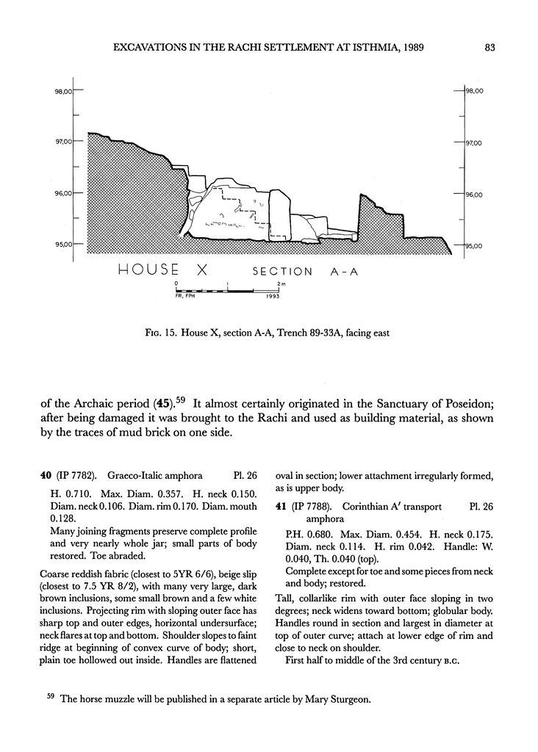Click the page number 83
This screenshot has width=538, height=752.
pyautogui.click(x=492, y=48)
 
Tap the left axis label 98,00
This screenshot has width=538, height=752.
pyautogui.click(x=64, y=92)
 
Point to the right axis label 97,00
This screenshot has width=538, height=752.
pyautogui.click(x=472, y=143)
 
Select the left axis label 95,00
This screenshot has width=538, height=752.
pyautogui.click(x=64, y=245)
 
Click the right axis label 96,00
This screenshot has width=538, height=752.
pyautogui.click(x=472, y=195)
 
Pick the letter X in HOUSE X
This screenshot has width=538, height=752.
pyautogui.click(x=199, y=270)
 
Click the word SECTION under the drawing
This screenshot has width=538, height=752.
pyautogui.click(x=283, y=272)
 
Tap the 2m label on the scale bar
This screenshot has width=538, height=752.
pyautogui.click(x=281, y=283)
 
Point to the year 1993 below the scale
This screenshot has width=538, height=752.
pyautogui.click(x=273, y=297)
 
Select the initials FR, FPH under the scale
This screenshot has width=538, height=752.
pyautogui.click(x=186, y=297)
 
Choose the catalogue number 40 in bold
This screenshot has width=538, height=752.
pyautogui.click(x=46, y=476)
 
